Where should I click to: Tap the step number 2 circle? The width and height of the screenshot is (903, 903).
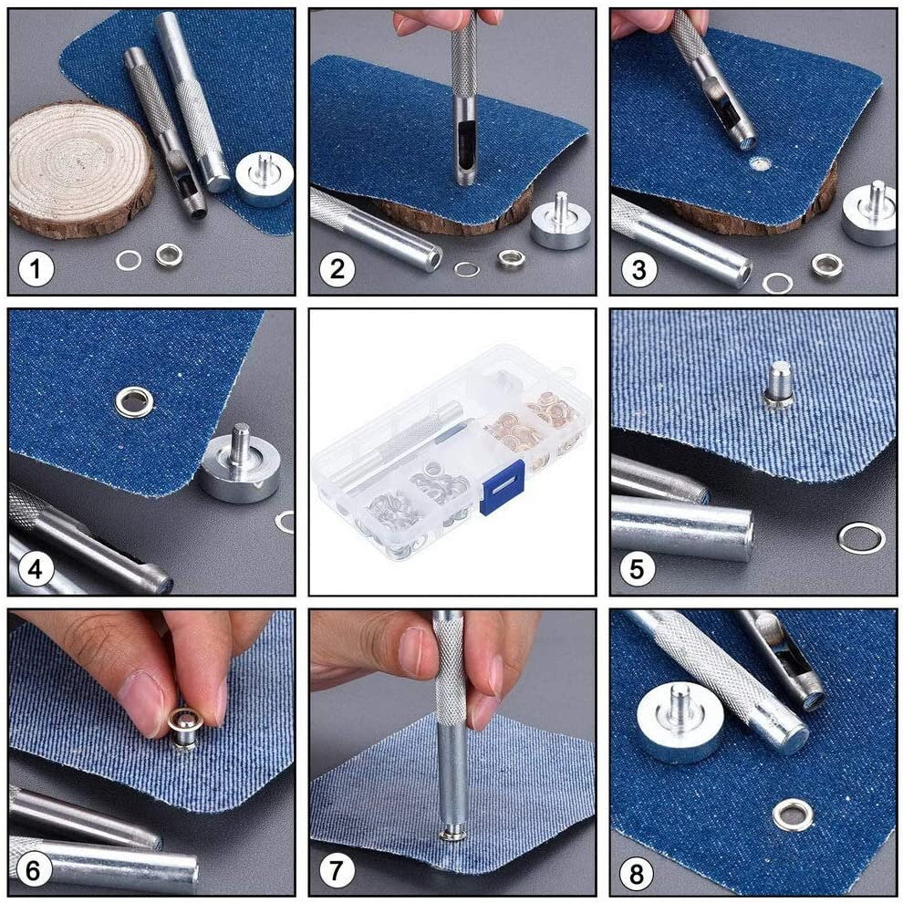click(x=337, y=270)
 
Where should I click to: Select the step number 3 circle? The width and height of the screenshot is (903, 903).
click(x=638, y=270)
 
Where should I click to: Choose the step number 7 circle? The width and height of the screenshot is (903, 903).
click(x=337, y=872)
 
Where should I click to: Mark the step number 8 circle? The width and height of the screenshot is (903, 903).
click(x=637, y=874)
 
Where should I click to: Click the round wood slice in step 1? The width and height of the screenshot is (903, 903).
click(x=80, y=168)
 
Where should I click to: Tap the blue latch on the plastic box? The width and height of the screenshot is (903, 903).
click(x=502, y=486)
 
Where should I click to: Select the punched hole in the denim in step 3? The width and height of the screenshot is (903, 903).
click(x=759, y=164)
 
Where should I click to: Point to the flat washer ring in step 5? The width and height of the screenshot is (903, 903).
click(x=861, y=537)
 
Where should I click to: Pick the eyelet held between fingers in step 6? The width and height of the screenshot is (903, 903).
click(x=185, y=725)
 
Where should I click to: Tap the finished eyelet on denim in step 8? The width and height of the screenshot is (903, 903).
click(x=792, y=814)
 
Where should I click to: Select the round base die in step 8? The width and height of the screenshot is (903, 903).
click(x=680, y=721)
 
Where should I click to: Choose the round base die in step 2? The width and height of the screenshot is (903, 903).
click(x=560, y=222)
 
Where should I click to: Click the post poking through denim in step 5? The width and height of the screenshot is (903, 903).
click(x=778, y=384)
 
